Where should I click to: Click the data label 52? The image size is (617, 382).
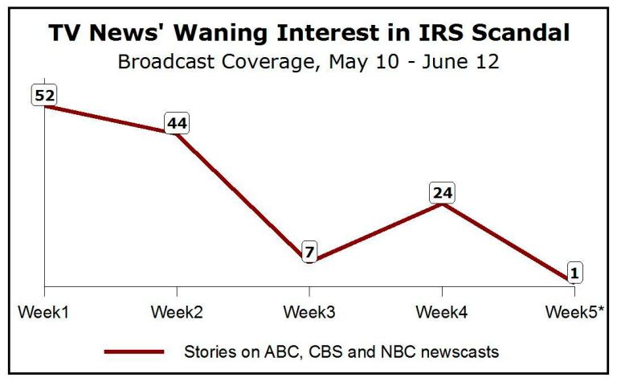44,96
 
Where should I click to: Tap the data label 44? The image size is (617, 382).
177,124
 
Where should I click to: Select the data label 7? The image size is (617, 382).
309,253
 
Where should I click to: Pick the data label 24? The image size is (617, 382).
442,193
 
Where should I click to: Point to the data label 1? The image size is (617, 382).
573,274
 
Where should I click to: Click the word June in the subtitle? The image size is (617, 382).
437,61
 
